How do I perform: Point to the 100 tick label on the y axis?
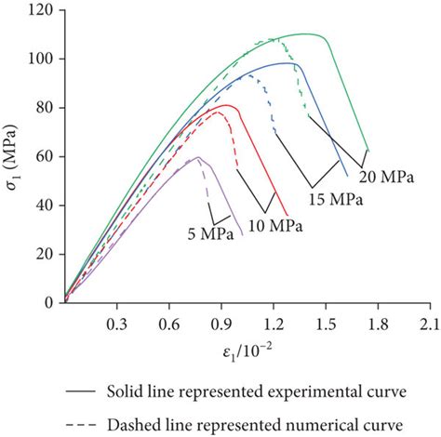pos(41,59)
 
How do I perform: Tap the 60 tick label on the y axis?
pos(45,156)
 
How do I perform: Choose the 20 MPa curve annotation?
pos(384,175)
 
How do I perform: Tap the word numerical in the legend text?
pos(309,423)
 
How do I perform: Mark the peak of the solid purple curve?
pos(197,157)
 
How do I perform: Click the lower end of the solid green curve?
pos(368,150)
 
